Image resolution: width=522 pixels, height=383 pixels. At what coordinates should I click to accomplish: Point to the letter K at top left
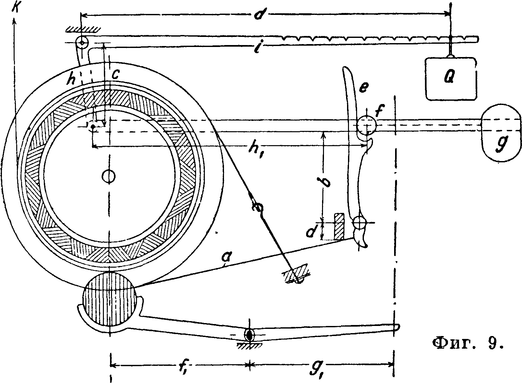15,8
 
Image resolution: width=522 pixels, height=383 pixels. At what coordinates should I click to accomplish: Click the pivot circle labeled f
367,125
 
